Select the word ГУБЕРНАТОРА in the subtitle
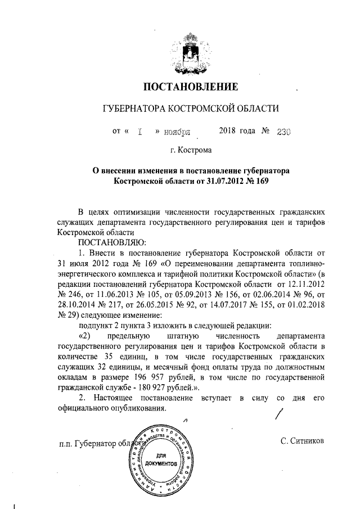(x=129, y=109)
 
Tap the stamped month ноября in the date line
(x=177, y=132)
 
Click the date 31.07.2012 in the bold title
(x=213, y=182)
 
